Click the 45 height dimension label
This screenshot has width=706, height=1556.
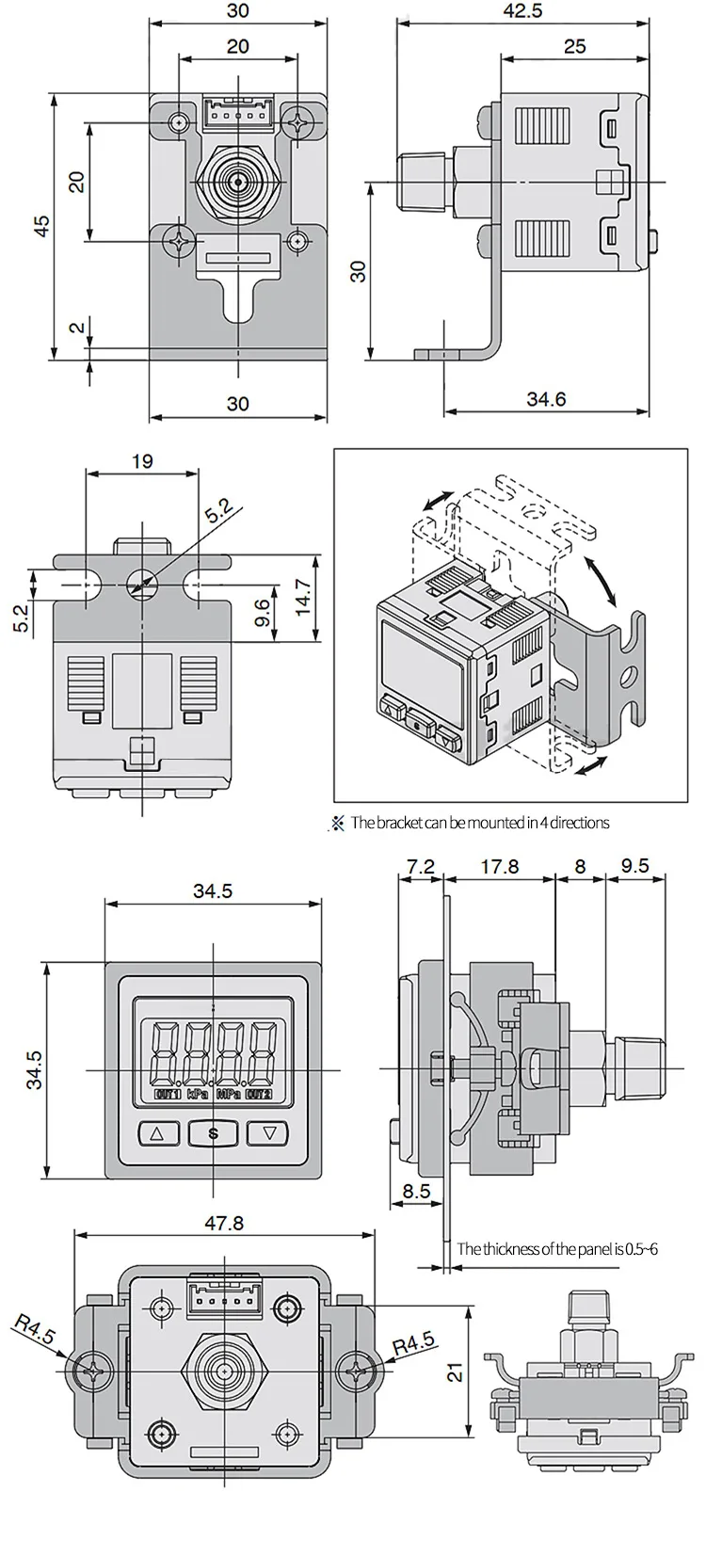[40, 225]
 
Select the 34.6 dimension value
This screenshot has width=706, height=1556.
[546, 399]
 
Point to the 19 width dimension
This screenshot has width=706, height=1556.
[142, 461]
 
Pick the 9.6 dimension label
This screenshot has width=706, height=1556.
[264, 613]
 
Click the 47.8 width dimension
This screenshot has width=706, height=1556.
[224, 1222]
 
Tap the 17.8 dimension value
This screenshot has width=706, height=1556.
[499, 866]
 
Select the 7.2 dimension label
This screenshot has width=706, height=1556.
[421, 866]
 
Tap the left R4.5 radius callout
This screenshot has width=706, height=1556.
[36, 1333]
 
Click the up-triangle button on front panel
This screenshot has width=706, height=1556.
[157, 1134]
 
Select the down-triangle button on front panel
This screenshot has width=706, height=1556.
[270, 1134]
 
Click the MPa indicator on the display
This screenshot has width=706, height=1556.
[229, 1095]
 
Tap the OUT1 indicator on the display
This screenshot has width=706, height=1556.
[168, 1095]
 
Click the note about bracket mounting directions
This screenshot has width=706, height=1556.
[479, 823]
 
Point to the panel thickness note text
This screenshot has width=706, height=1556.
[557, 1249]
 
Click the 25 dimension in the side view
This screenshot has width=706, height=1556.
[575, 45]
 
